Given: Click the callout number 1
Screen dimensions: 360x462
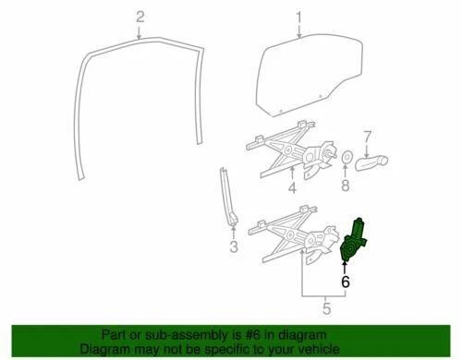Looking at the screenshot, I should point(299,17).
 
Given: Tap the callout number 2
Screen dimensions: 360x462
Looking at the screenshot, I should point(140,17).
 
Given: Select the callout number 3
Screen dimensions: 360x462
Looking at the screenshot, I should point(234,246).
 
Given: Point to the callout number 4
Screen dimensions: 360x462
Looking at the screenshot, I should point(291,191).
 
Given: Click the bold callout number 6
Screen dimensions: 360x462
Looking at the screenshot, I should point(345,283).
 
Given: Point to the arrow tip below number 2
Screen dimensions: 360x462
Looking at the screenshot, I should point(140,37).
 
